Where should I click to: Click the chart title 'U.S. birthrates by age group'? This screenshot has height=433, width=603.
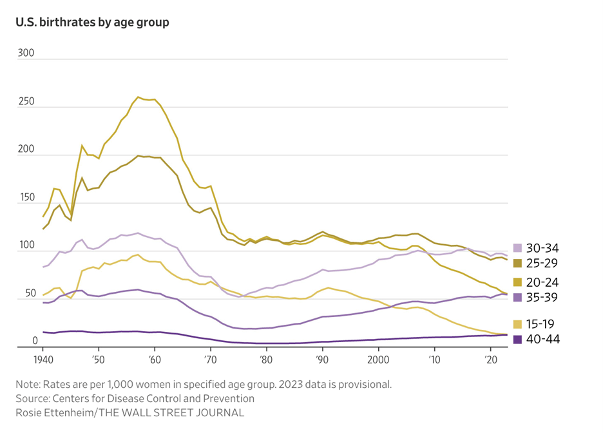92,22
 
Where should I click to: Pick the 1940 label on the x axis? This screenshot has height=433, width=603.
43,358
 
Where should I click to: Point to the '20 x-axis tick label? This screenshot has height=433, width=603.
490,358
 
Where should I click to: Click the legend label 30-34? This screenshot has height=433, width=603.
542,248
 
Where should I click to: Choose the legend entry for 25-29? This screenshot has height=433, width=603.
542,263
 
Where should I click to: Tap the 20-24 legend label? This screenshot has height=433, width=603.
542,282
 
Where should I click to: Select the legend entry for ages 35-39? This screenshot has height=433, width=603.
542,297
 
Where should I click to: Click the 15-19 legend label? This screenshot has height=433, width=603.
542,323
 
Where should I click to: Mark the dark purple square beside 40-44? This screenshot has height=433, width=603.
517,338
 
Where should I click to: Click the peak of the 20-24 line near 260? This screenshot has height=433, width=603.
139,97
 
